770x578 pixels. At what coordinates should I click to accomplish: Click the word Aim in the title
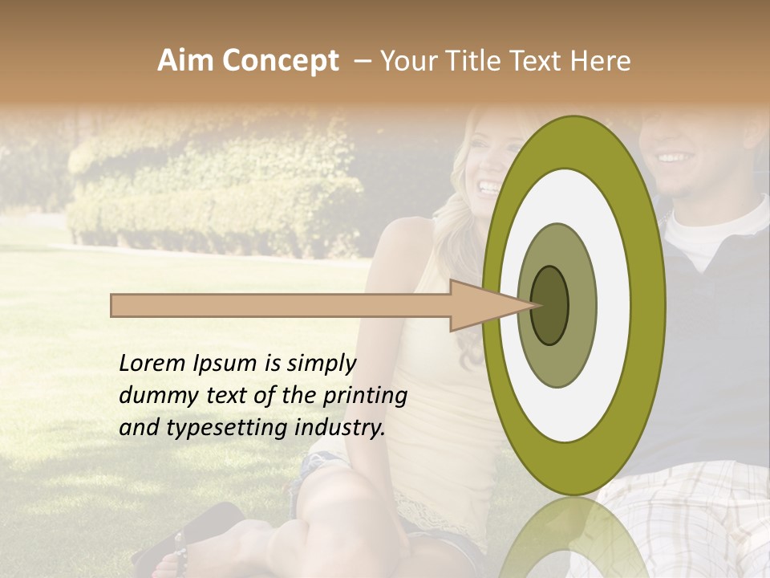pos(184,61)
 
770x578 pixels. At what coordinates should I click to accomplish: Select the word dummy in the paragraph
pos(155,396)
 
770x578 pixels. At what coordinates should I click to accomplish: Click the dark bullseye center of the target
pos(549,305)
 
